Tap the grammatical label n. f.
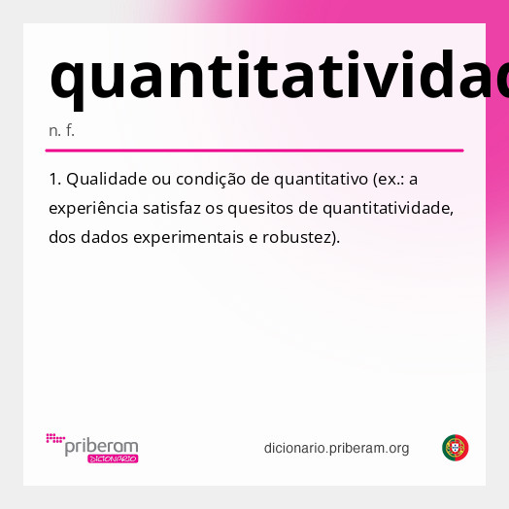[61, 130]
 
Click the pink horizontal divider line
[254, 151]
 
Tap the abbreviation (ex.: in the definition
[389, 180]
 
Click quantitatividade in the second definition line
[388, 208]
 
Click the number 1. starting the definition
[55, 180]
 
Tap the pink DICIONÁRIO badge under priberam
[113, 458]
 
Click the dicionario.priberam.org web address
[336, 448]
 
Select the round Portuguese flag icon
[456, 448]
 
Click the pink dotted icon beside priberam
[55, 439]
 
